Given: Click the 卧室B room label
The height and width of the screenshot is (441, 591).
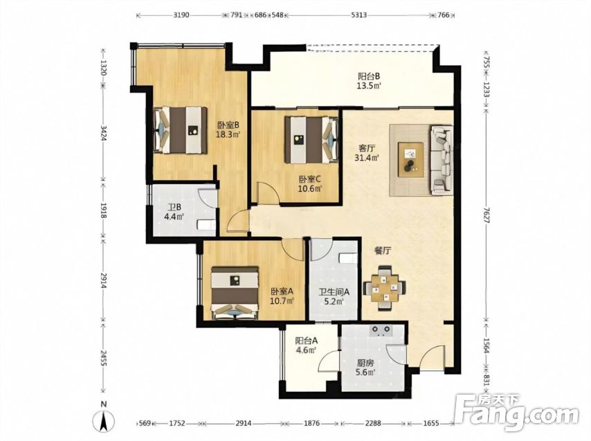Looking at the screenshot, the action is [x=228, y=125].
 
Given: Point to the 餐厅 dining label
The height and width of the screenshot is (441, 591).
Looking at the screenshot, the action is [x=383, y=251].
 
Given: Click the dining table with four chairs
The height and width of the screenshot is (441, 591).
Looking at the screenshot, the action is [x=385, y=288].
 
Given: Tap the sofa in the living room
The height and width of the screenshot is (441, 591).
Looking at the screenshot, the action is [x=442, y=161].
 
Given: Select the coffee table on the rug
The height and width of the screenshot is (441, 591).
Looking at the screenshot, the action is [x=410, y=159].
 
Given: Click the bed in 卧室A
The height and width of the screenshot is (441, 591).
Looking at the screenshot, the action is [x=235, y=294].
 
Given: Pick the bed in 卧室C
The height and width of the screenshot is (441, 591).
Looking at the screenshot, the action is [x=311, y=140].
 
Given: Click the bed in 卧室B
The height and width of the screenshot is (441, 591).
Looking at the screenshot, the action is [x=181, y=130].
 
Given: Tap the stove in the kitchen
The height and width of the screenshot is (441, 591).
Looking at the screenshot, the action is [x=381, y=330].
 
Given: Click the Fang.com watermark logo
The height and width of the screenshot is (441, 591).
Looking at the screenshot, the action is [x=516, y=413].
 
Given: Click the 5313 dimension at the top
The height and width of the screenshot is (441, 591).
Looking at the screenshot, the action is [x=359, y=15].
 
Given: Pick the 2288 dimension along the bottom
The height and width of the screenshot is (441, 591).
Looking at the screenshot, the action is [x=372, y=423].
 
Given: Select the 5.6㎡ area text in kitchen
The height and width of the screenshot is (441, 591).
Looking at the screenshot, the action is [x=365, y=372].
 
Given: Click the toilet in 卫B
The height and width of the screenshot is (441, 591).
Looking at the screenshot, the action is [x=206, y=224].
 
